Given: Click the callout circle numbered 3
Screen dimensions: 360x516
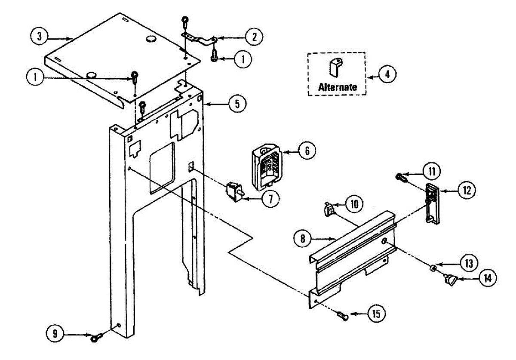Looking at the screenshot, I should [39, 37].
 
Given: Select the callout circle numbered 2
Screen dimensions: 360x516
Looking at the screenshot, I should [254, 37].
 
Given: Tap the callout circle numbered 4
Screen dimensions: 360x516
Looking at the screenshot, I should [387, 74].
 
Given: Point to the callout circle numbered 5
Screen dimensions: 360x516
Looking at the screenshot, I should [237, 103].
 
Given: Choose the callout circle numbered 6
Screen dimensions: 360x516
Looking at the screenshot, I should [307, 151].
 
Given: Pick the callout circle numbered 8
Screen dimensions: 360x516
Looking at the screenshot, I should [303, 238].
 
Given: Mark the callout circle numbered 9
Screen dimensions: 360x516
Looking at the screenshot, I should [55, 333].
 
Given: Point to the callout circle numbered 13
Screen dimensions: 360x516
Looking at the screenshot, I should [468, 262].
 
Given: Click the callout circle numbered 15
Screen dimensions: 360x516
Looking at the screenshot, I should [376, 314].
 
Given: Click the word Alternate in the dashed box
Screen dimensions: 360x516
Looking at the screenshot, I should [338, 86].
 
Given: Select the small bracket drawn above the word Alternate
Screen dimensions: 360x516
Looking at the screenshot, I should [336, 67].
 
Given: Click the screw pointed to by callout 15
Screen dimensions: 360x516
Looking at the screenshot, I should [343, 317].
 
